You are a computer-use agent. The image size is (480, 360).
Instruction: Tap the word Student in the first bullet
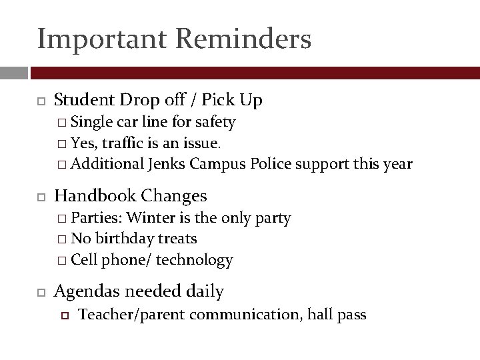click(85, 100)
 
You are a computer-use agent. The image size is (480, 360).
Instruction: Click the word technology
click(194, 260)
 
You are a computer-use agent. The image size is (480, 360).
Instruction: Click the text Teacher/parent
click(132, 315)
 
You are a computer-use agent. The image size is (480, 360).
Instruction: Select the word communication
click(245, 315)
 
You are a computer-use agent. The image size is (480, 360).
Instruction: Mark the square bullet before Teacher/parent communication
click(65, 315)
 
